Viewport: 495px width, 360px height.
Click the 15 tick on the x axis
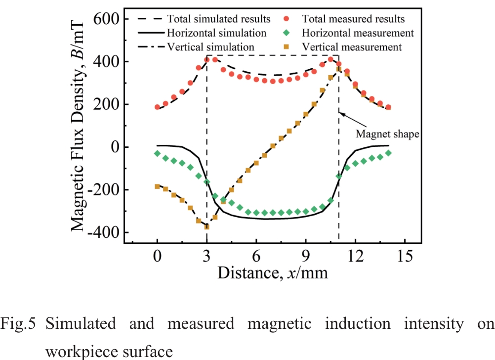(x=405, y=257)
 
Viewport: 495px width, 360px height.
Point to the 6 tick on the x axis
(x=256, y=257)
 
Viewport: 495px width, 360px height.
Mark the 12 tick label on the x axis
(x=355, y=257)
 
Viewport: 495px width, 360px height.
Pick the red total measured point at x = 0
(x=158, y=107)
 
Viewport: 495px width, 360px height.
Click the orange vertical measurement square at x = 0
(x=158, y=186)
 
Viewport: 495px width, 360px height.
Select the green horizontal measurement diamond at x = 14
(x=388, y=153)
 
